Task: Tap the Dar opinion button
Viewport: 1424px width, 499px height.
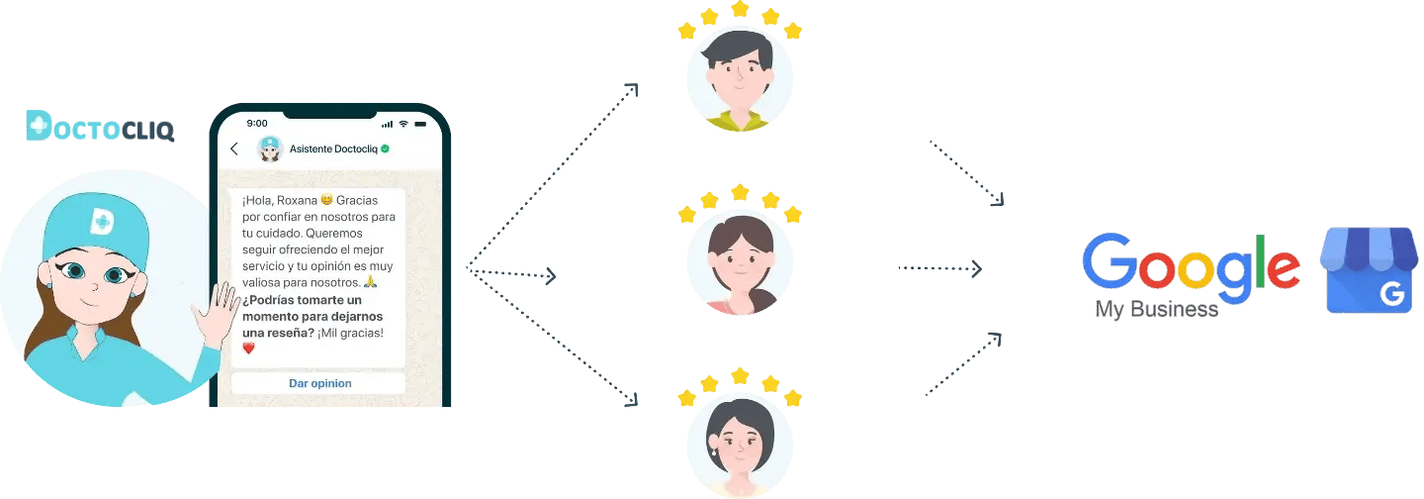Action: [319, 383]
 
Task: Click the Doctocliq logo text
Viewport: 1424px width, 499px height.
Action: [99, 127]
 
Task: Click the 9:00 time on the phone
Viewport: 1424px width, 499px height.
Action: [257, 124]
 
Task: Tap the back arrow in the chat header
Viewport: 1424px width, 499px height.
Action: [234, 150]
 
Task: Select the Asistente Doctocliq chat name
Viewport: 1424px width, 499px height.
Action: [333, 150]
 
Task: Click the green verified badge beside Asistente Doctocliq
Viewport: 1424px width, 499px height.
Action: [385, 150]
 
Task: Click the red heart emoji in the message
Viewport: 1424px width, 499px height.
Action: [248, 349]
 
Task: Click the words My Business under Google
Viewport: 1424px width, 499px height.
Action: [1155, 310]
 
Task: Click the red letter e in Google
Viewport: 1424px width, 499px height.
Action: [1281, 268]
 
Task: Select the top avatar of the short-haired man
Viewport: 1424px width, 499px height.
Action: [740, 79]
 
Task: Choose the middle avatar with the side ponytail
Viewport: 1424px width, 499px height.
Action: [740, 262]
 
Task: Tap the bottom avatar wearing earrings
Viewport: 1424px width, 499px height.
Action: [740, 446]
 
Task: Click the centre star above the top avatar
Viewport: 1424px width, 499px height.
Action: [740, 9]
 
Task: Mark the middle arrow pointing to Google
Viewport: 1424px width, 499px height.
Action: [939, 267]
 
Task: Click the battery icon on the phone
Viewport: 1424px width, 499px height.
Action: [422, 124]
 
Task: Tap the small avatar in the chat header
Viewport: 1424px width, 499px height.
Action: [269, 150]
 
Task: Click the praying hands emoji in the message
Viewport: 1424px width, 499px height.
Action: [371, 282]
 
